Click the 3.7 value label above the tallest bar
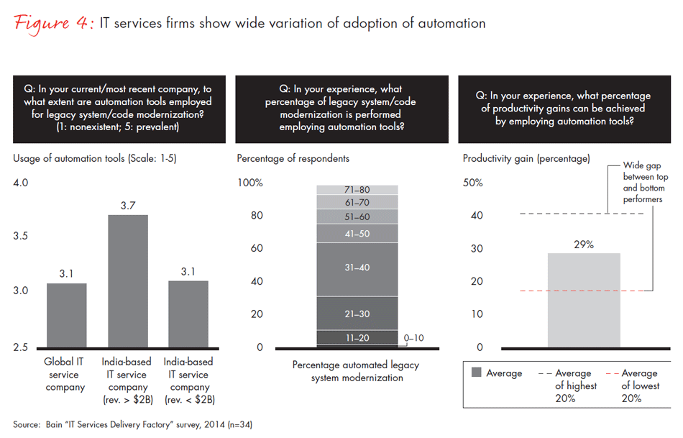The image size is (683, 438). (x=128, y=206)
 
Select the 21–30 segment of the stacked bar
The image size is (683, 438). (x=357, y=314)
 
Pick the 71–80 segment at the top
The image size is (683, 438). (x=357, y=190)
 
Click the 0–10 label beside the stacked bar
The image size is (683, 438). (x=413, y=337)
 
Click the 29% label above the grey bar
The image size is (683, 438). (x=583, y=245)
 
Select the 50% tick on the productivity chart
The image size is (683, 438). (x=472, y=183)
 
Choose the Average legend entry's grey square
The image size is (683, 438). (x=476, y=373)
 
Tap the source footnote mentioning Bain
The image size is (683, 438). (x=132, y=424)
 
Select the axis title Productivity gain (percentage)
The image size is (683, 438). (x=526, y=158)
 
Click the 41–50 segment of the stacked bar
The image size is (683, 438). (x=357, y=233)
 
